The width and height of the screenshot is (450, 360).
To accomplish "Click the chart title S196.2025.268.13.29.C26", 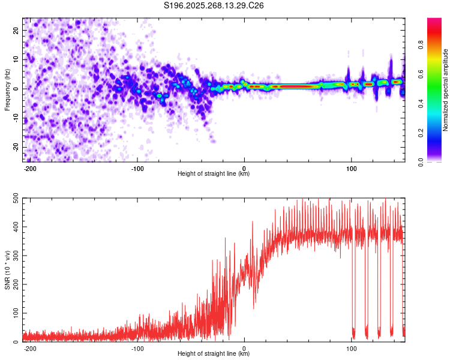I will [x=214, y=6].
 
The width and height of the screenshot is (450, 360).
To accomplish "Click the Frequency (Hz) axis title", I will [x=7, y=90].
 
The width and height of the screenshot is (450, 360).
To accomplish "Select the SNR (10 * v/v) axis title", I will [x=7, y=270].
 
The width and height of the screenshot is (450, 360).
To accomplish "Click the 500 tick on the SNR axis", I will [x=15, y=199].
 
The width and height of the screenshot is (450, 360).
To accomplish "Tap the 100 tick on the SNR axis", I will [x=15, y=313].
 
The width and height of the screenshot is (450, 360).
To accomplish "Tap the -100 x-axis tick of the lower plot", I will [x=137, y=348].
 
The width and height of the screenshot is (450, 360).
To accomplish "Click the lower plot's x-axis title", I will [x=214, y=355].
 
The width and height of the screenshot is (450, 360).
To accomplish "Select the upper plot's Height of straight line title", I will [x=214, y=175].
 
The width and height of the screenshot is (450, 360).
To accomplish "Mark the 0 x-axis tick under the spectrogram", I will [x=244, y=168].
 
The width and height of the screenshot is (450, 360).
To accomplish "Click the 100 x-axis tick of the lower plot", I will [x=350, y=348].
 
